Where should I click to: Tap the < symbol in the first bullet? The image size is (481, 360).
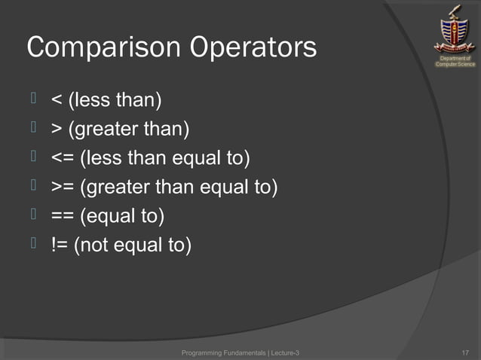tap(57, 101)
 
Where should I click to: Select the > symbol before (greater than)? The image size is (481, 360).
tap(57, 130)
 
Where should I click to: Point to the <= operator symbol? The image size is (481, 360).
tap(63, 159)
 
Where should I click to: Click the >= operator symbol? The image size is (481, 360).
tap(63, 188)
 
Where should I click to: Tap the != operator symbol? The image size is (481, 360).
tap(60, 246)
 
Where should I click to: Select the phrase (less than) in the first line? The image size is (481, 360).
tap(115, 101)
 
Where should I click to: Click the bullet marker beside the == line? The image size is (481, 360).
tap(35, 215)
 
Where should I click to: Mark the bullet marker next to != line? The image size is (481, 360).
tap(35, 244)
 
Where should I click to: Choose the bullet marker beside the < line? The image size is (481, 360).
tap(35, 99)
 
